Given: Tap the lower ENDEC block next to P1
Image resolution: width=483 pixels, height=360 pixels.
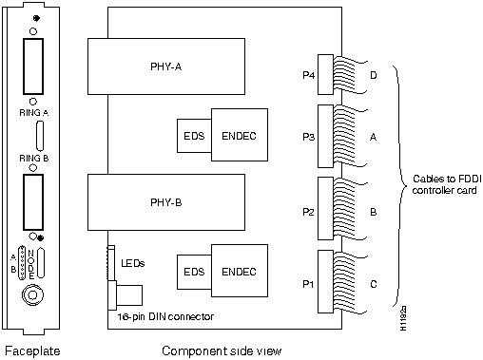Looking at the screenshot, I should click(x=239, y=272).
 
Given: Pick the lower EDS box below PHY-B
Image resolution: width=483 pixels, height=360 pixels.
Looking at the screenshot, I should click(x=193, y=272).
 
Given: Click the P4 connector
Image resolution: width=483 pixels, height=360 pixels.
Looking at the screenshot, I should click(x=323, y=73).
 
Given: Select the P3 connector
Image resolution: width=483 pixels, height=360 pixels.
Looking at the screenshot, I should click(x=323, y=136).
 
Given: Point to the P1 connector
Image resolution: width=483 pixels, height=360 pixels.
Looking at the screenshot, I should click(x=323, y=283).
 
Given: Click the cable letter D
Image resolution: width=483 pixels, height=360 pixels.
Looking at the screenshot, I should click(x=373, y=73).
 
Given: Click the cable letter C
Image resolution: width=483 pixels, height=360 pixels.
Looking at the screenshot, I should click(x=373, y=283).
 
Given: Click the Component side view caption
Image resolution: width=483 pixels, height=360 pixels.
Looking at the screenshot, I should click(x=221, y=351).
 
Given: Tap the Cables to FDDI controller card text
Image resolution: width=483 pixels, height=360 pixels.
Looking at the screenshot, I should click(x=443, y=184).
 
